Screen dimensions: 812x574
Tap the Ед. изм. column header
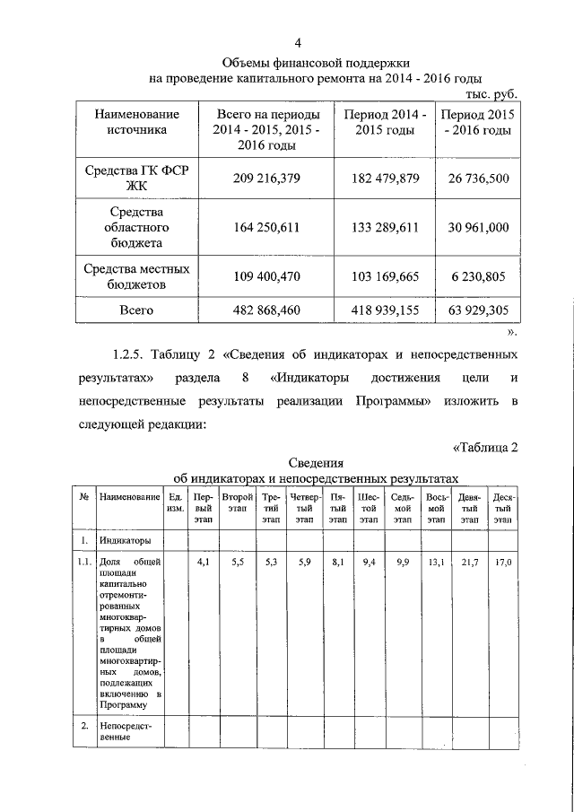[176, 502]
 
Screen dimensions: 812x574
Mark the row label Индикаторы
[125, 540]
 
